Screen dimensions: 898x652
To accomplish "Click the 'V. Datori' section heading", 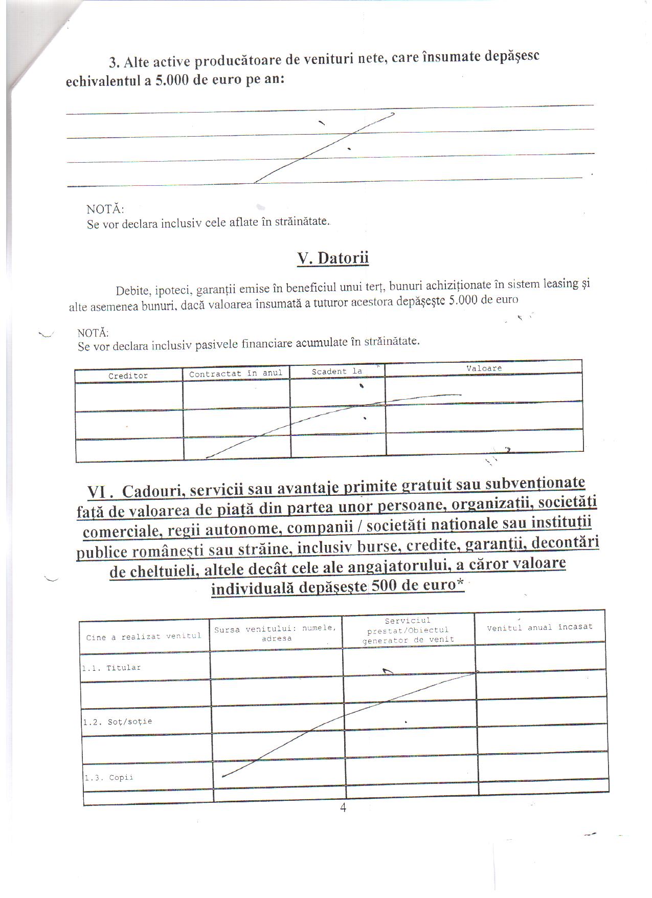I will click(x=333, y=258).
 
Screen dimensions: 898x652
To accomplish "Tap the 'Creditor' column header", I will click(x=128, y=376).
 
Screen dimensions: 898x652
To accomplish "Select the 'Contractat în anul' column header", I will click(x=236, y=374).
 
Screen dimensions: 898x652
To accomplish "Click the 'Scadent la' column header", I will click(x=336, y=371).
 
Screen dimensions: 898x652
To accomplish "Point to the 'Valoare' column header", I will click(x=484, y=368).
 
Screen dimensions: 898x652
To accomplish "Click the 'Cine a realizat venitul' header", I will click(x=144, y=637).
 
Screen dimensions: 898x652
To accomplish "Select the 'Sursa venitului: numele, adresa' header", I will click(x=276, y=633).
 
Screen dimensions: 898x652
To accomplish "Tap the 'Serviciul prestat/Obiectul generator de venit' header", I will click(x=408, y=630).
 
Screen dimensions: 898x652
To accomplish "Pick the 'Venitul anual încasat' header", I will click(x=539, y=627).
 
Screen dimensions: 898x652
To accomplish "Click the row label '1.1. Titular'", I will click(x=111, y=668).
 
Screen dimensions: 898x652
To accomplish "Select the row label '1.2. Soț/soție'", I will click(x=118, y=722).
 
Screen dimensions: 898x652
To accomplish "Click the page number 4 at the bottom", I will click(x=343, y=808).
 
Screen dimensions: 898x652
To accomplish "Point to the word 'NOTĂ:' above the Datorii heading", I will click(x=105, y=209).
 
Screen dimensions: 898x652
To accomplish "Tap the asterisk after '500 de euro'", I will click(x=460, y=582).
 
